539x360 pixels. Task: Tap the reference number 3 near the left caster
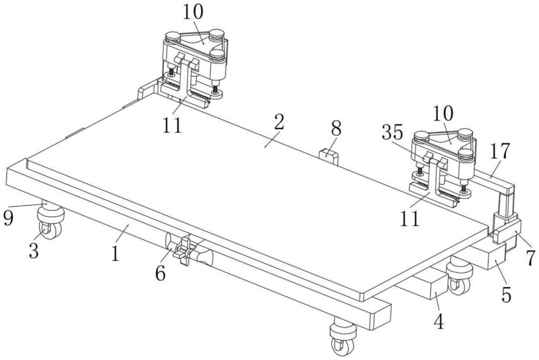[33, 251]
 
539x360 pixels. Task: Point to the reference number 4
[439, 322]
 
